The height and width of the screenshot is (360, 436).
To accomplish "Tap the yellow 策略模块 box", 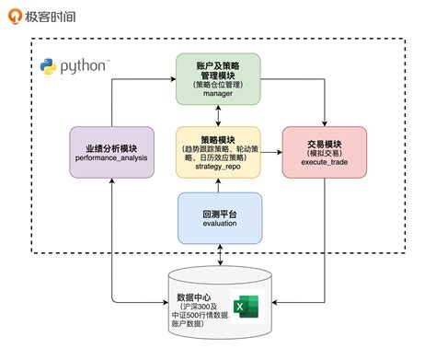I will (219, 153).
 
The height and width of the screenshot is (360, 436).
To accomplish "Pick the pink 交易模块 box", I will (324, 153).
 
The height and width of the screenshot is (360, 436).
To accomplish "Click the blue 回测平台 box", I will (219, 217).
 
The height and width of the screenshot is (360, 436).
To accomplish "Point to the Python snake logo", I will (49, 66).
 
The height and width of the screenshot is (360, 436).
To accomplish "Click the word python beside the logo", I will (86, 66).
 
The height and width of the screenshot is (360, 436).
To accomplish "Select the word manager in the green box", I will (219, 94).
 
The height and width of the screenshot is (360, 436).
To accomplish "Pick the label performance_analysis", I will (110, 158).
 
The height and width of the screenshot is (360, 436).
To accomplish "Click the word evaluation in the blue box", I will (219, 224).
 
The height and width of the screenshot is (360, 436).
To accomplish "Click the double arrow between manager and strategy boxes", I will (219, 114).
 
